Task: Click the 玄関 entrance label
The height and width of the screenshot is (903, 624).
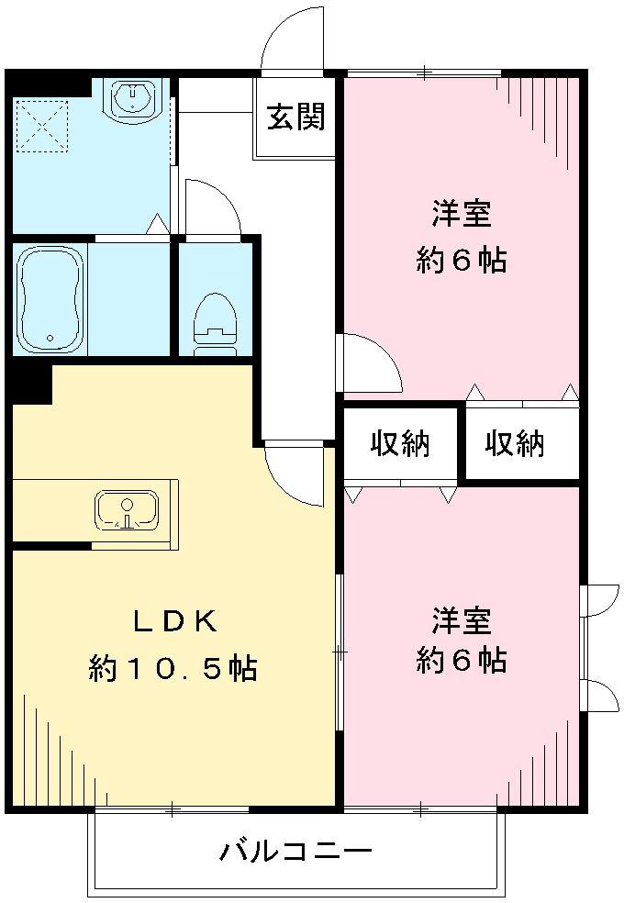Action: [296, 118]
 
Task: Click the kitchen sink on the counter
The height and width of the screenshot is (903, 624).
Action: [126, 509]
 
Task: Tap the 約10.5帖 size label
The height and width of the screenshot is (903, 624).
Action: [173, 667]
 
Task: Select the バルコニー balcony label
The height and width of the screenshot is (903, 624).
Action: [295, 853]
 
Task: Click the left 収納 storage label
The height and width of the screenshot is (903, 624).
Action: [400, 444]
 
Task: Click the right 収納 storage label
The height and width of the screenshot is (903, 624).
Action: [515, 444]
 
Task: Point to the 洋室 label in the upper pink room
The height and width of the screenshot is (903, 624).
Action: [462, 215]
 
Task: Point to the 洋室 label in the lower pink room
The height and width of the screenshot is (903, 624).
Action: [462, 620]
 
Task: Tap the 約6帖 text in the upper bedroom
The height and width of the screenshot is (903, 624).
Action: [462, 261]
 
